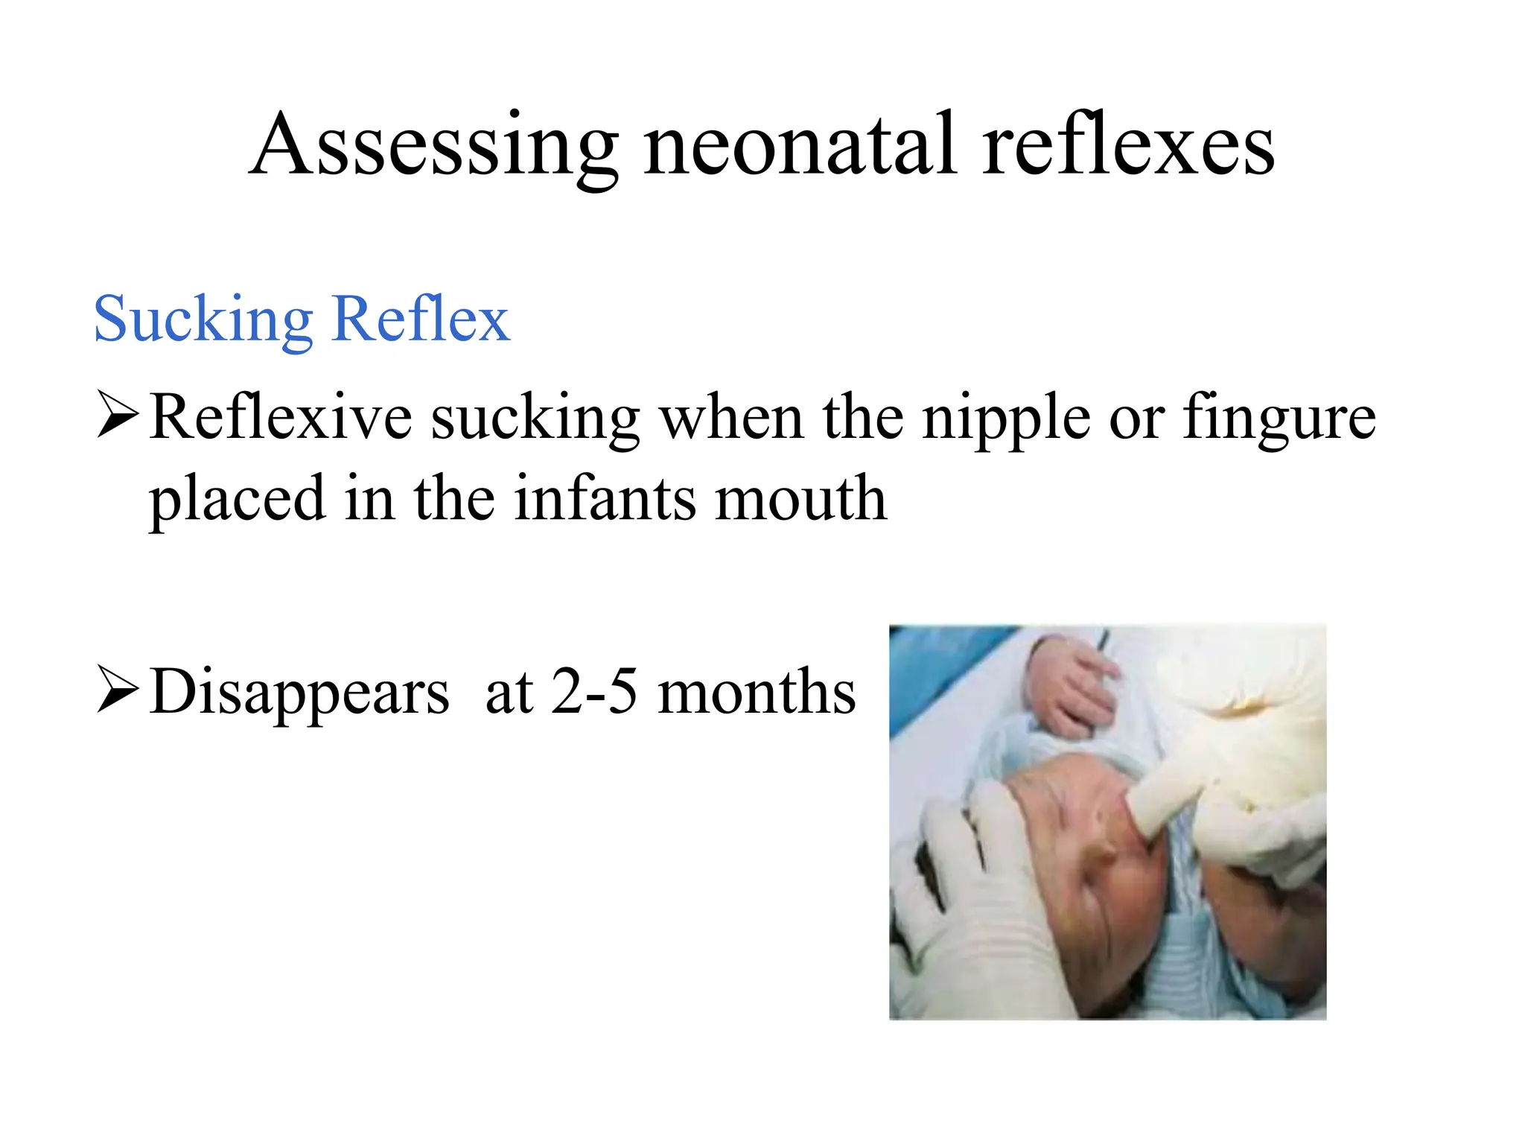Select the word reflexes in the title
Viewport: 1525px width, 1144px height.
[x=1127, y=145]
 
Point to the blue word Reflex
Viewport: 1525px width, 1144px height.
[x=421, y=319]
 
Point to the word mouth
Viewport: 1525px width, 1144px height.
[x=800, y=499]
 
